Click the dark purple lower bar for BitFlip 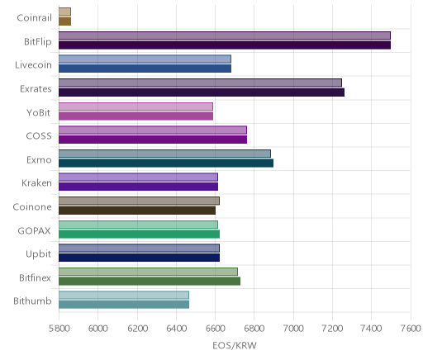coord(225,45)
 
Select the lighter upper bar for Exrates coord(200,83)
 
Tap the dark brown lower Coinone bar coord(137,211)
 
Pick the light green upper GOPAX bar coord(138,225)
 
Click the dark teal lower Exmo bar coord(166,163)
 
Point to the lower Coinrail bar coord(64,21)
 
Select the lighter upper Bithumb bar coord(124,295)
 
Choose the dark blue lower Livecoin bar coord(145,69)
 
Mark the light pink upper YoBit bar coord(135,107)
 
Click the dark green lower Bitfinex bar coord(150,282)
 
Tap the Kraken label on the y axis coord(36,183)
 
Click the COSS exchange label coord(39,136)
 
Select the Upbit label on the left coord(38,254)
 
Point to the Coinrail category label coord(34,18)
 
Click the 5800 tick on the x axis coord(59,329)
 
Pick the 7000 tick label coord(293,329)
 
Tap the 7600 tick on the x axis coord(411,329)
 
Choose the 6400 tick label coord(177,329)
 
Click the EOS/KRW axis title coord(235,345)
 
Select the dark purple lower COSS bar coord(153,140)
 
